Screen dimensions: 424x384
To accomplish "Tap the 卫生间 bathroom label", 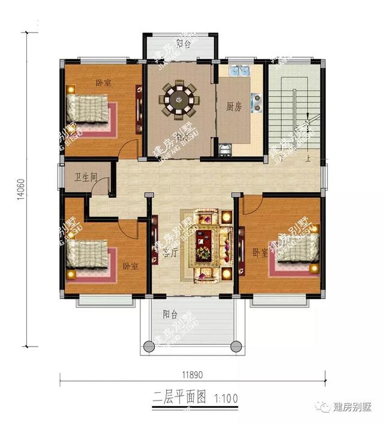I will coord(86,178).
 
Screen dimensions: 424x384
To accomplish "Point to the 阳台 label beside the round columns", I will coord(170,313).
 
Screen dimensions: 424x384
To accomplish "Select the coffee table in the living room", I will coord(206,244).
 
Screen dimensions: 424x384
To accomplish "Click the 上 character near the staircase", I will coord(307,159).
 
